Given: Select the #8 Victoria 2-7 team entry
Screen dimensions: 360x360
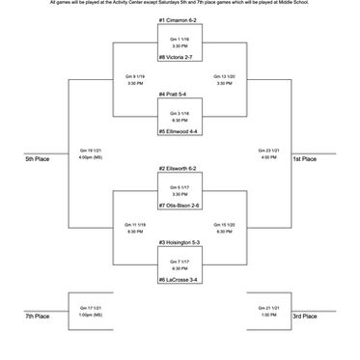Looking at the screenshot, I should click(179, 58).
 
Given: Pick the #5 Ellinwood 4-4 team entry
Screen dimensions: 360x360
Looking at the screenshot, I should click(180, 131).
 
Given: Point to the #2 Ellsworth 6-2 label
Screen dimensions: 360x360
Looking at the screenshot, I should click(180, 168).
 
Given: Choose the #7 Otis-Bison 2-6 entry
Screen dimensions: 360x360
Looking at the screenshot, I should click(180, 205).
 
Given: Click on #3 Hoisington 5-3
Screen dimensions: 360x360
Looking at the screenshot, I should click(180, 241).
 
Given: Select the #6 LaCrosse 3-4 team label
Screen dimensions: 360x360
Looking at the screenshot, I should click(180, 279).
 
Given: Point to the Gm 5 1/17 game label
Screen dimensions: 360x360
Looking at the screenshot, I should click(180, 186).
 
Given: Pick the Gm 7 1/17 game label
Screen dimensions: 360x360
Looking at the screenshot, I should click(180, 261).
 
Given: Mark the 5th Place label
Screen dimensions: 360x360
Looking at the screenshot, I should click(38, 159).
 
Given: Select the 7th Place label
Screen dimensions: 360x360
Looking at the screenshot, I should click(38, 316).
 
